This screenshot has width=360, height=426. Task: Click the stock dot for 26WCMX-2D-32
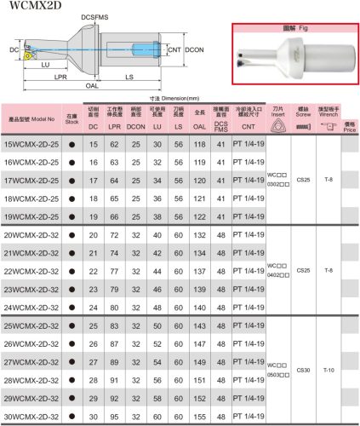71,343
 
